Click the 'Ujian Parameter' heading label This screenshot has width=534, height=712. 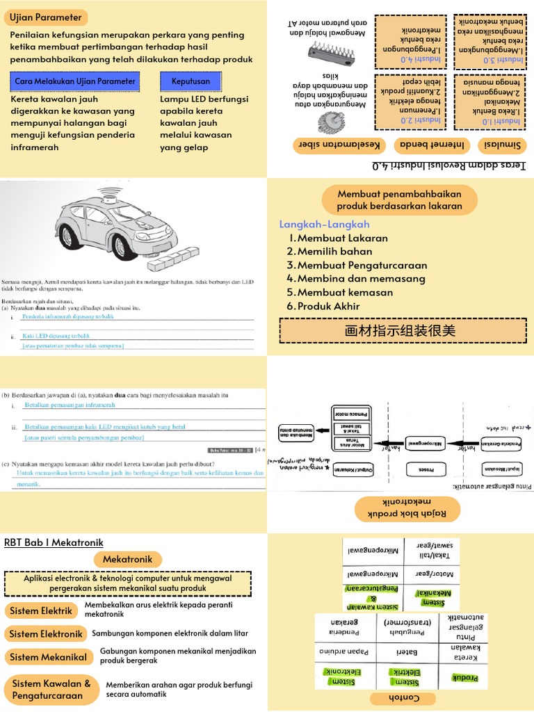[x=46, y=17]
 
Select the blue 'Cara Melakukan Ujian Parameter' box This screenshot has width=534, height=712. [x=76, y=82]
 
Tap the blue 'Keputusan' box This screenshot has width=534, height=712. [x=191, y=82]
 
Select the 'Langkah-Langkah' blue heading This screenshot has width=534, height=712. [x=324, y=224]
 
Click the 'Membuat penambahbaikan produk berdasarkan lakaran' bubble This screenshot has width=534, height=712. [x=400, y=200]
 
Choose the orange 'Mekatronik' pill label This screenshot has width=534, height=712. [x=132, y=559]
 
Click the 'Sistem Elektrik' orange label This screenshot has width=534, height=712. [x=41, y=611]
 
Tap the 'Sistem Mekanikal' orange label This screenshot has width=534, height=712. [x=48, y=657]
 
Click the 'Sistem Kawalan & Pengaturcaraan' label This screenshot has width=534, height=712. [x=51, y=689]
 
